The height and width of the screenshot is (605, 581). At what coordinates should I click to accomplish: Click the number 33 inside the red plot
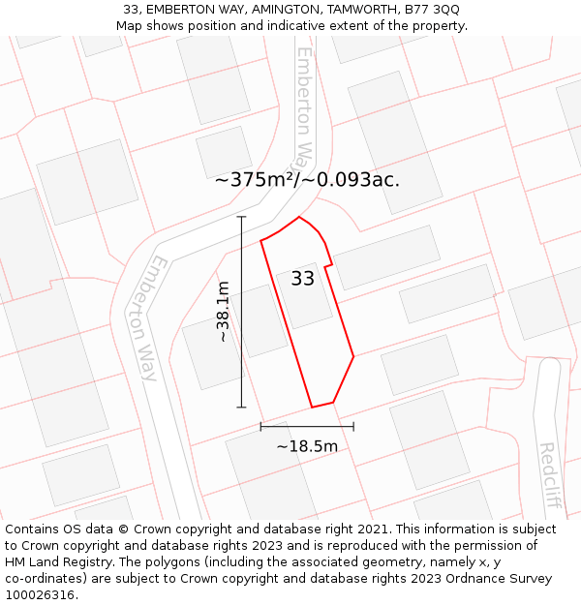point(302,279)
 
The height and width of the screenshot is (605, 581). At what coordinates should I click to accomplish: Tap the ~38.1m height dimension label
point(223,312)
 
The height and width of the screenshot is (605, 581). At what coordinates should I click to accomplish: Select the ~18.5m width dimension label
point(307,446)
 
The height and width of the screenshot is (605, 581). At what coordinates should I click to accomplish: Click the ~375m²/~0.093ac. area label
point(307,179)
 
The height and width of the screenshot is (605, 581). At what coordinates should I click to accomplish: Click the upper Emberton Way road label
point(305,106)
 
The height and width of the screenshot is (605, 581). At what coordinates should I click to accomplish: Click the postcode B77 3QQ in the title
point(432,10)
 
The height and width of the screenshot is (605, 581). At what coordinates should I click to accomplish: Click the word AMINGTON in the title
point(272,10)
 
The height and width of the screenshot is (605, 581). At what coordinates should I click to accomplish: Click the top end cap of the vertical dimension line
point(242,217)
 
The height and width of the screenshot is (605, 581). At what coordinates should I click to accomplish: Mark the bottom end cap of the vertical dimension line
point(242,408)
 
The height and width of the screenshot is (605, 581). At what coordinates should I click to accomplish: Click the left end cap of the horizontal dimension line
point(260,426)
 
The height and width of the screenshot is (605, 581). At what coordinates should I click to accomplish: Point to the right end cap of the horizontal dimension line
point(353,426)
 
